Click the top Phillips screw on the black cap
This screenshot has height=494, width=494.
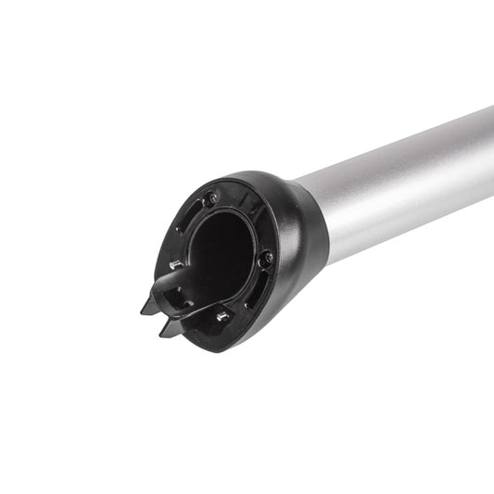(211, 197)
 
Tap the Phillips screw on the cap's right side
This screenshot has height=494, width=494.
(267, 260)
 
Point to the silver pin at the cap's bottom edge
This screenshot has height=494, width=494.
(223, 317)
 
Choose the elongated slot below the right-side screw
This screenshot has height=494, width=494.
(252, 293)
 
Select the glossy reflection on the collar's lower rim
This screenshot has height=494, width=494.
(269, 324)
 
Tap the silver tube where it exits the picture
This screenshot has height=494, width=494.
(488, 153)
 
